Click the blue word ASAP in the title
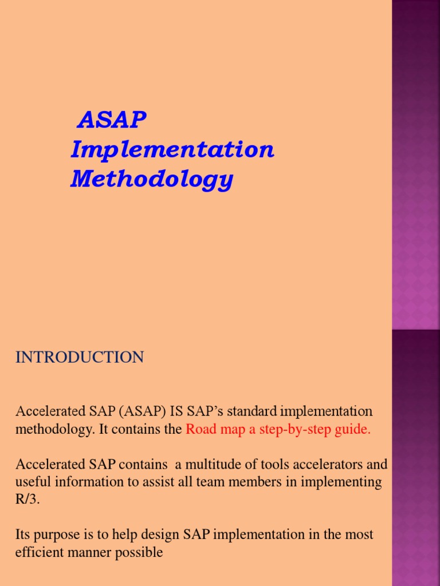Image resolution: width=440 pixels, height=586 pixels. point(112,120)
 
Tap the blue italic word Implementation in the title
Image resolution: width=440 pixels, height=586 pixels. point(172,150)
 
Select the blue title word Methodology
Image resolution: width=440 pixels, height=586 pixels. point(152,179)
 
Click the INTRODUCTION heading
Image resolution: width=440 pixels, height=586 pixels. point(80,358)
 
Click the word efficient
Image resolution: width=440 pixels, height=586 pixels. point(37,553)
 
